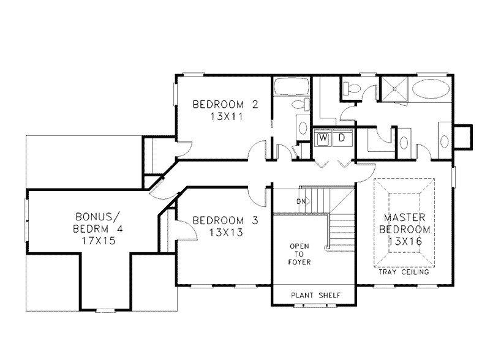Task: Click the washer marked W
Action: coord(322,139)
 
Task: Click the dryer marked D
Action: coord(342,139)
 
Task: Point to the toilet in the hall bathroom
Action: coord(300,105)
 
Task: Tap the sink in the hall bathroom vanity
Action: coord(303,127)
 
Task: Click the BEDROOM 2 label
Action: coord(225,104)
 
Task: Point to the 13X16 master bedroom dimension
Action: coord(409,241)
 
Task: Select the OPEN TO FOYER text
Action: coord(300,254)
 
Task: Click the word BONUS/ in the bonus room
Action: coord(95,217)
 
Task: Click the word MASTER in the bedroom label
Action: coord(409,217)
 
